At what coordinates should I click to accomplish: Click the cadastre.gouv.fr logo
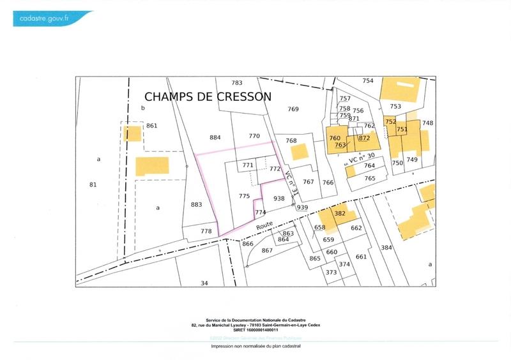pos(51,19)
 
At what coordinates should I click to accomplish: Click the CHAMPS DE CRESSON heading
pos(208,96)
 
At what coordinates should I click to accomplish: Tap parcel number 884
pos(215,137)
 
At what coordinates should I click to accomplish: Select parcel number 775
pos(244,196)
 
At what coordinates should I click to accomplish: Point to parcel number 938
pos(278,199)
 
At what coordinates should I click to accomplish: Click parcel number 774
pos(259,212)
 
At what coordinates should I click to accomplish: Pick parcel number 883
pos(196,204)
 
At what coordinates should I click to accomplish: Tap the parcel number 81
pos(93,185)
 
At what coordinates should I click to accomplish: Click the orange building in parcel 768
pos(299,152)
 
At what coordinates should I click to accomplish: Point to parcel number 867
pos(267,250)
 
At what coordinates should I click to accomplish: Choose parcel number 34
pos(204,283)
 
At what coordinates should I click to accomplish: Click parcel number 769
pos(293,109)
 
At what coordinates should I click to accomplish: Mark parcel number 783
pos(237,83)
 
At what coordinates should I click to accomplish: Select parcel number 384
pos(385,247)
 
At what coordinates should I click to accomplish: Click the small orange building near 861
pos(133,134)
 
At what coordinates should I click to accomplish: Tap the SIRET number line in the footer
pos(256,329)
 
